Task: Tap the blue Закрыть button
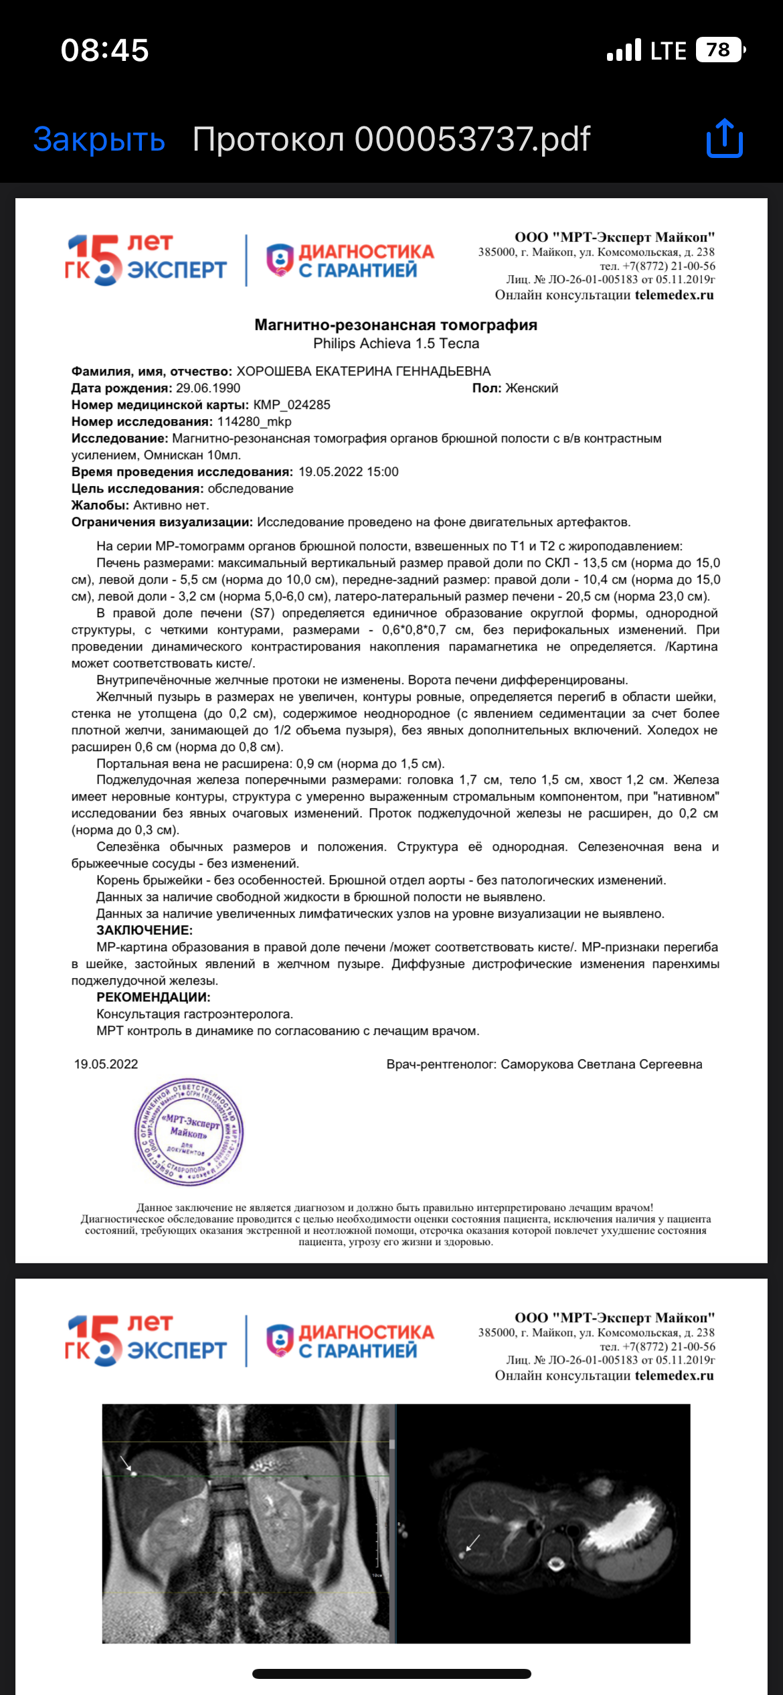coord(99,139)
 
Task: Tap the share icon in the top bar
coord(725,139)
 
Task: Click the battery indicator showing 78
coord(719,50)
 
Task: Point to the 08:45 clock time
coord(105,51)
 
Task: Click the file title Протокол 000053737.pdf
coord(391,139)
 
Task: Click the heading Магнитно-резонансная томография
coord(396,325)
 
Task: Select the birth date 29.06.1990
coord(208,388)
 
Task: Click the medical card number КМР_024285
coord(292,405)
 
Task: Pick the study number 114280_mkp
coord(254,422)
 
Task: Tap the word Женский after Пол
coord(531,388)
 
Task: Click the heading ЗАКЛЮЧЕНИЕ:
coord(145,931)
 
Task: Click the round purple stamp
coord(189,1132)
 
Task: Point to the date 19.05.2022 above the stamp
coord(106,1064)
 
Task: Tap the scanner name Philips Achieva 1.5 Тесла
coord(396,343)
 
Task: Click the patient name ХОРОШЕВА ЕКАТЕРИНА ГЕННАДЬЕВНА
coord(363,372)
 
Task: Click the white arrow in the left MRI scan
coord(126,1463)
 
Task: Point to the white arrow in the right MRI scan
coord(472,1542)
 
